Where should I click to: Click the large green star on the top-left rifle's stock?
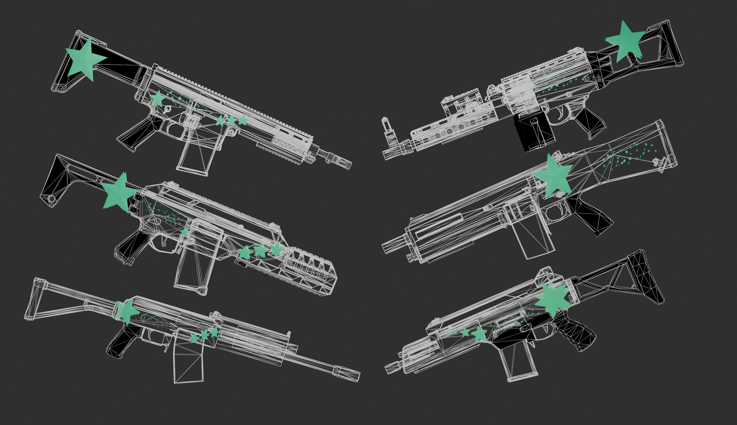(85, 60)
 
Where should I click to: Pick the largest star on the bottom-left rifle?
(127, 311)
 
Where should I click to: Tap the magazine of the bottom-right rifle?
(518, 362)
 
